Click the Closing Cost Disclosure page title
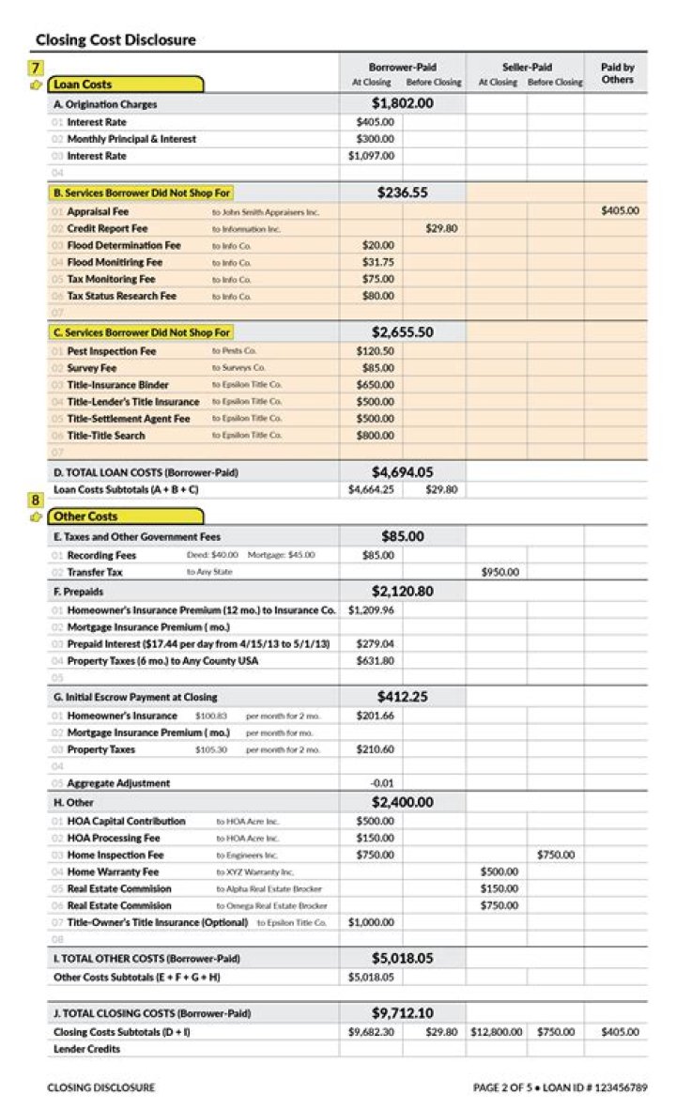pos(115,40)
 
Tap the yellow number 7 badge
pos(36,68)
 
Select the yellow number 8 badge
pos(36,501)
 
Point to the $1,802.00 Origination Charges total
pos(402,103)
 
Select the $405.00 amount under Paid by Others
pos(620,211)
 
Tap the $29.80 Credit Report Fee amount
pos(441,228)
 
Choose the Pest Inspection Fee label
pos(112,351)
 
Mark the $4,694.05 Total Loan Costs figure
pos(402,472)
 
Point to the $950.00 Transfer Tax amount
pos(499,572)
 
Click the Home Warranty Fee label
pos(113,871)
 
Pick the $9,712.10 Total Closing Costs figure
pos(402,1013)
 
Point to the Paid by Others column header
pos(617,73)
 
